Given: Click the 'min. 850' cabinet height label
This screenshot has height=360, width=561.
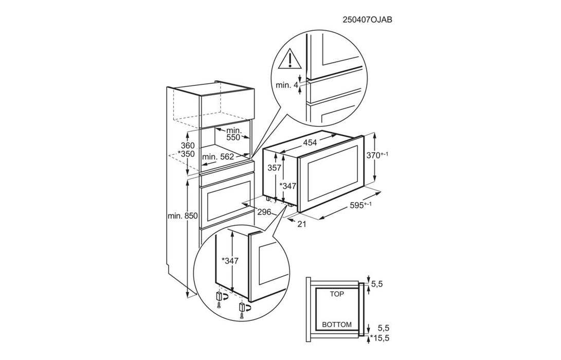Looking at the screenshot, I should pos(182,217).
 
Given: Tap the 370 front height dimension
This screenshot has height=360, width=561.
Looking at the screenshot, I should pos(389,155).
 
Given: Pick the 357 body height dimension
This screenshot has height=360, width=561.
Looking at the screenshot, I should pos(275,168).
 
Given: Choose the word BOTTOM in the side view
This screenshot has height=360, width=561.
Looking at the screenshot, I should pos(337,325).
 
